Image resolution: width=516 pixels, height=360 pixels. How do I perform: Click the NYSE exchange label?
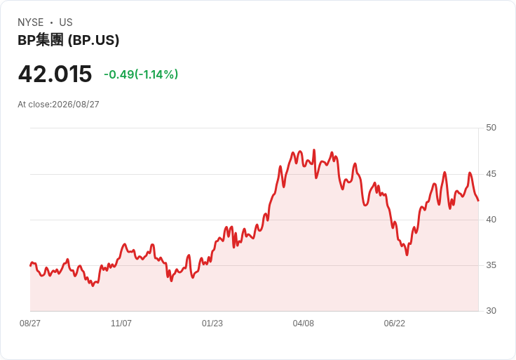31,22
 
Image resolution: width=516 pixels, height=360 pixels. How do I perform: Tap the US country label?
66,22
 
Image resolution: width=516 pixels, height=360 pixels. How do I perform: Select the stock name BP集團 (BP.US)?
69,40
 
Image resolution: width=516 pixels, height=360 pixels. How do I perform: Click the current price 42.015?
55,74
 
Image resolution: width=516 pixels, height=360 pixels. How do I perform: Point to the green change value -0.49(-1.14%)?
141,74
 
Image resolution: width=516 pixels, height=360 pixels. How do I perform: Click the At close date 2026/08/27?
76,105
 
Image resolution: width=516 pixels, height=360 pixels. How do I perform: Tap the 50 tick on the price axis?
491,128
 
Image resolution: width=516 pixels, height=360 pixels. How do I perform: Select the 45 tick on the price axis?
491,174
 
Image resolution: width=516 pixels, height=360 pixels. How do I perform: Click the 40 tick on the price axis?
491,220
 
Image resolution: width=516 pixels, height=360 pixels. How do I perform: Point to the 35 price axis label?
491,265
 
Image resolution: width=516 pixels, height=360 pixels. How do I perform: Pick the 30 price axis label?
491,311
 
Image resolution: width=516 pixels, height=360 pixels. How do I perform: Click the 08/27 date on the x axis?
30,324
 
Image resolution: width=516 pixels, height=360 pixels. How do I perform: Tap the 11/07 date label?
121,324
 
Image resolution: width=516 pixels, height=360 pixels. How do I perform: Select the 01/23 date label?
212,324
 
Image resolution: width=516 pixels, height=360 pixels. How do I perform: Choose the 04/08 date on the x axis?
304,324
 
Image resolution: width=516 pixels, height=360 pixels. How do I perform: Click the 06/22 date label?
394,324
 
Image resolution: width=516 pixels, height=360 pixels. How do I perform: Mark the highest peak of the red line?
314,150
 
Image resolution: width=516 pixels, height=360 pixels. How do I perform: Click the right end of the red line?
478,200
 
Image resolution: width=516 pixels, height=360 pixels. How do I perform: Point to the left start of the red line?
30,265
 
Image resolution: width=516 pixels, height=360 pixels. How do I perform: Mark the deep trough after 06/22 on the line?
407,255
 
